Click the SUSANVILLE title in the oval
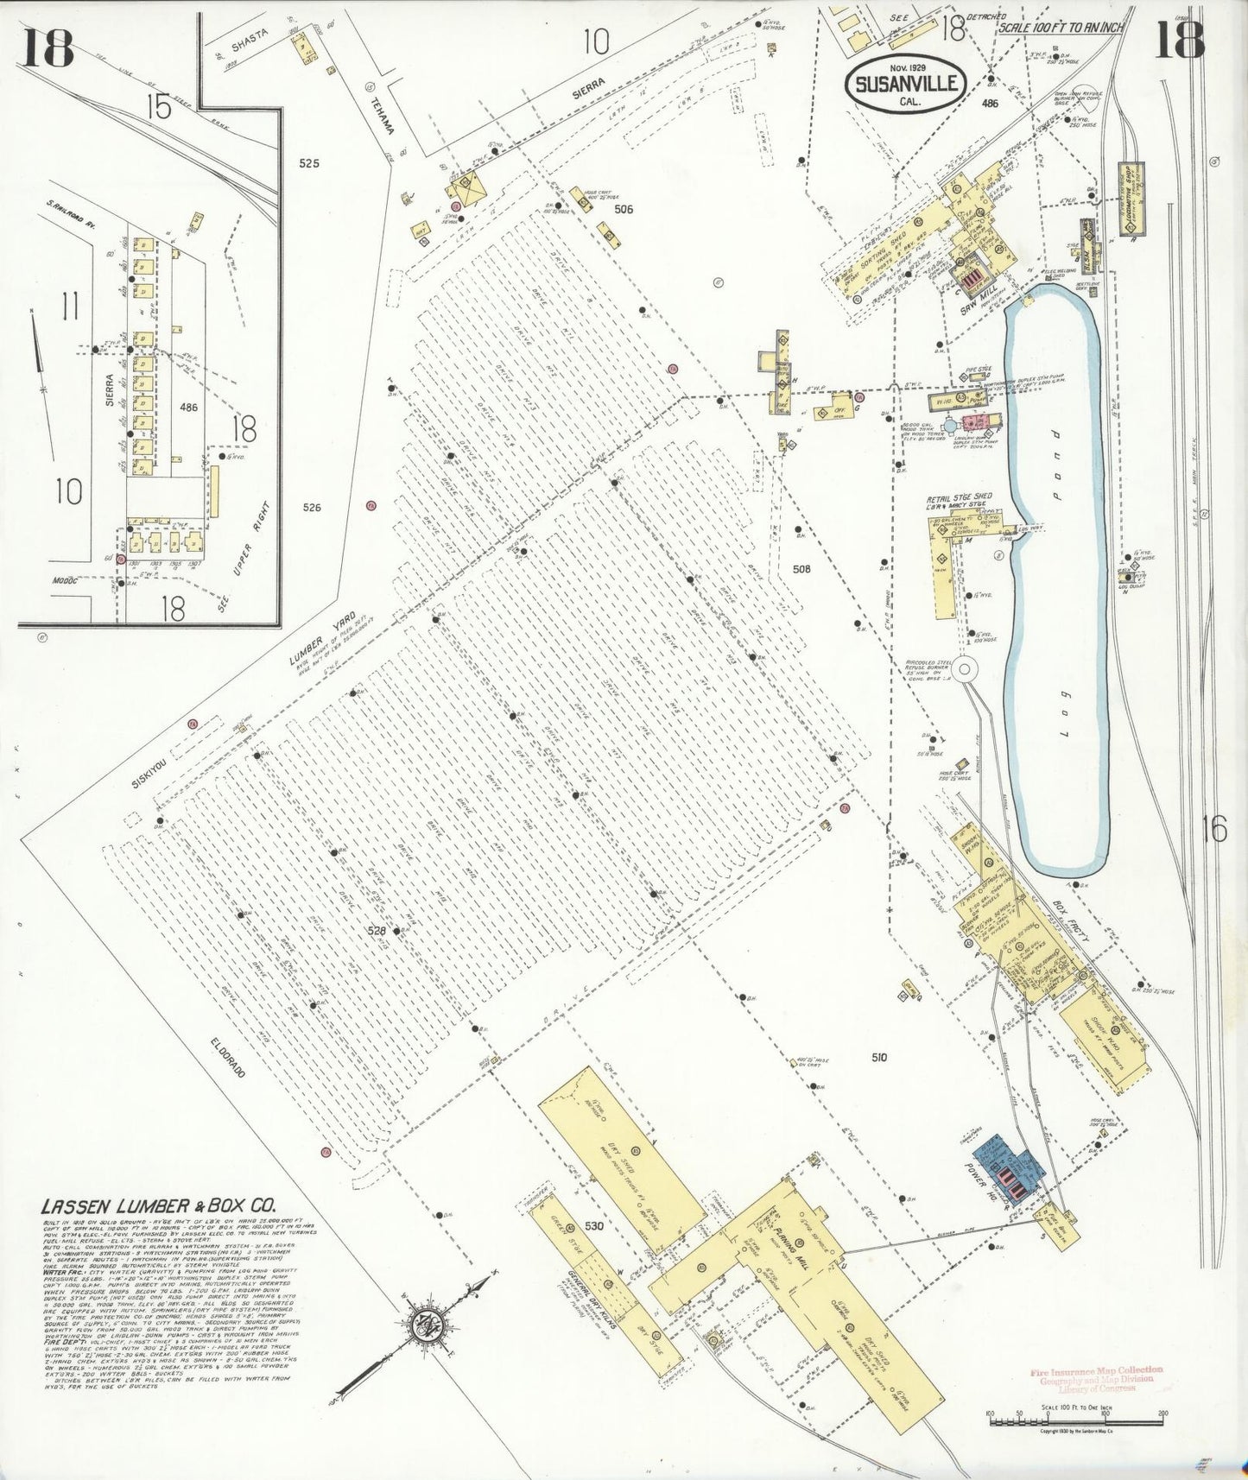[906, 84]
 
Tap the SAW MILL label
[980, 301]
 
